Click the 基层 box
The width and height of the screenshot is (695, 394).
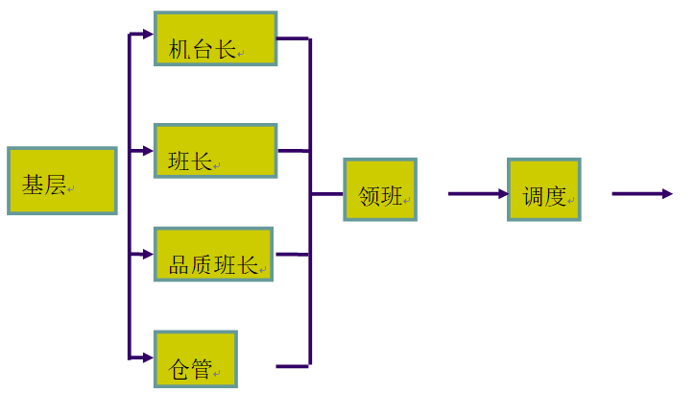(x=61, y=180)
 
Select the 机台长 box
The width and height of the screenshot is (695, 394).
(x=215, y=38)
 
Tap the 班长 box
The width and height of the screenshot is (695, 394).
(x=215, y=151)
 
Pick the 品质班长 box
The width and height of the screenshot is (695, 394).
(x=213, y=254)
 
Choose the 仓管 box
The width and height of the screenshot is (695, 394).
(x=195, y=358)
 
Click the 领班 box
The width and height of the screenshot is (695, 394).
(x=380, y=189)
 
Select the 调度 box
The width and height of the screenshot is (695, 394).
(x=543, y=189)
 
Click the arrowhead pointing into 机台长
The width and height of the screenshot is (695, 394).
(x=147, y=35)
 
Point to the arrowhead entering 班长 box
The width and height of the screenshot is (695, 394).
(x=147, y=151)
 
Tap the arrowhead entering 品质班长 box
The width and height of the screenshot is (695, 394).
(x=147, y=255)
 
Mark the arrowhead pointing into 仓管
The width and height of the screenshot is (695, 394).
(x=147, y=357)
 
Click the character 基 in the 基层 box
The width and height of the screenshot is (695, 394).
(x=34, y=185)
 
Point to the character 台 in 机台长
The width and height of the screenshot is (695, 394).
(x=203, y=49)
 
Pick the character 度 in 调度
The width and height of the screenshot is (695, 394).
(x=556, y=197)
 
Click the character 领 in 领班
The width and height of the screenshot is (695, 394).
(x=370, y=197)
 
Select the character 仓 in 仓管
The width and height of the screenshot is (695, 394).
(x=180, y=369)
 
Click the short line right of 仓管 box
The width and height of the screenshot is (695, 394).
(x=292, y=366)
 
